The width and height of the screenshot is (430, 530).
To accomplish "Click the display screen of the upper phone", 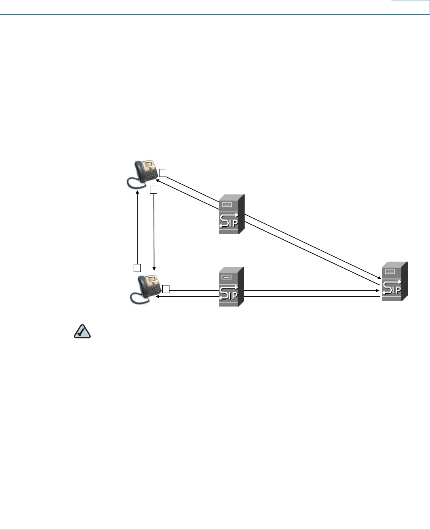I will [x=149, y=165].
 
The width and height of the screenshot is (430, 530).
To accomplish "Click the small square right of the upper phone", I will [x=162, y=173].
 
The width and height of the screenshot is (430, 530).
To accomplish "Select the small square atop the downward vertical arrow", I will [x=154, y=190].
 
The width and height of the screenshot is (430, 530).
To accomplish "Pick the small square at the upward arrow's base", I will [x=137, y=267].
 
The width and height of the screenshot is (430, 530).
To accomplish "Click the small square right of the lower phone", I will [x=166, y=289].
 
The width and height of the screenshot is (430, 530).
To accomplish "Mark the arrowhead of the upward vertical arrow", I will [x=137, y=192].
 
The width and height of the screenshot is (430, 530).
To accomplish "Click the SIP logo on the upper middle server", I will [x=229, y=220].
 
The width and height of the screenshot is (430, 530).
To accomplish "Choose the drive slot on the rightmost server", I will [x=390, y=272].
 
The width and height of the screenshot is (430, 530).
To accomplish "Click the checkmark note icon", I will [x=82, y=331].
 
